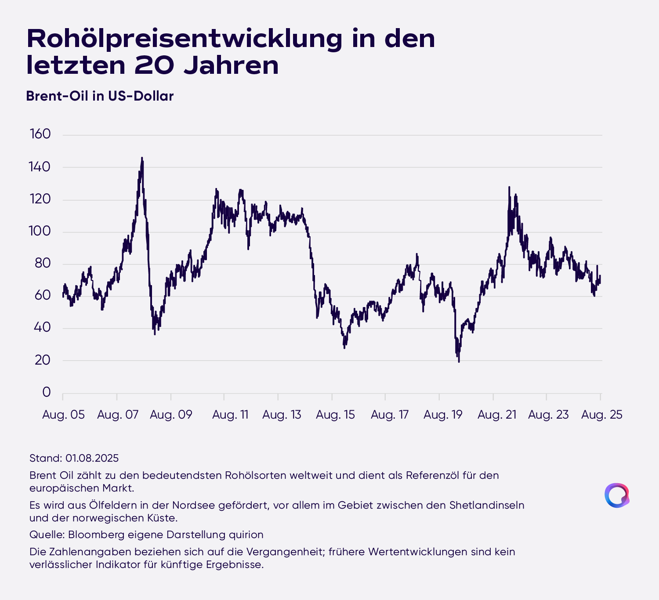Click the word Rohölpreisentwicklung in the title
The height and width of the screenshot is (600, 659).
coord(185,39)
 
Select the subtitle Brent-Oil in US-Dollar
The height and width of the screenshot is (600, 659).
coord(100,96)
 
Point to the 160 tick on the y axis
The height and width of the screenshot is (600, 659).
coord(40,134)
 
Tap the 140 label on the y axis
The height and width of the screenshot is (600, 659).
coord(40,167)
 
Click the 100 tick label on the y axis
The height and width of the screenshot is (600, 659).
coord(40,231)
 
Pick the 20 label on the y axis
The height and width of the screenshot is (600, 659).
coord(43,360)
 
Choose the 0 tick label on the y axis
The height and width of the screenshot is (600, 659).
coord(47,392)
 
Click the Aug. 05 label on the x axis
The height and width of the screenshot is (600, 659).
coord(63,415)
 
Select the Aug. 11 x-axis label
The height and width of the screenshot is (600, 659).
coord(230,415)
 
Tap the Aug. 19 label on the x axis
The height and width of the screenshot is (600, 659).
coord(443,415)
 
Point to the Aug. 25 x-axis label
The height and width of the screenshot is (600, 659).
coord(602,415)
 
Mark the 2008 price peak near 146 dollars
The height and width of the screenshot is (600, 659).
coord(142,158)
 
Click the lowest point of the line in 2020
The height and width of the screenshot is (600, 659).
coord(459,362)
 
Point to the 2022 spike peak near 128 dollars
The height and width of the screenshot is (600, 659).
coord(509,187)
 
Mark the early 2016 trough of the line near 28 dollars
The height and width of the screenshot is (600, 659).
coord(344,348)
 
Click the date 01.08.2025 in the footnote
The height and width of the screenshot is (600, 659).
coord(92,458)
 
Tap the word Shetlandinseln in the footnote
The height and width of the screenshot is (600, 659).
coord(487,505)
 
